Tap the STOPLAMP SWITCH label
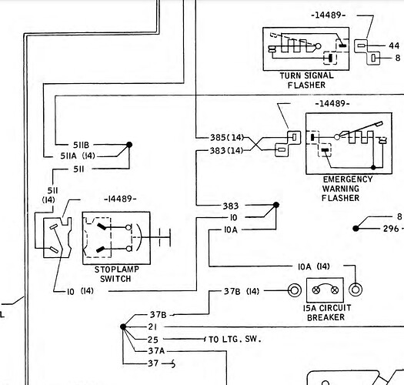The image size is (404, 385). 112,273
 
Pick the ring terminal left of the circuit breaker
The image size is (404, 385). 293,291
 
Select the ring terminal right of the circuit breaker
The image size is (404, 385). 355,291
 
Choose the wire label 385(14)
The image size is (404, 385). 226,138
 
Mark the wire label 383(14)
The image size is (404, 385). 226,150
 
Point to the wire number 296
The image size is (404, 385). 392,229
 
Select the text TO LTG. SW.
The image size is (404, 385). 236,339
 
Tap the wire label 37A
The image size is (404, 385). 156,351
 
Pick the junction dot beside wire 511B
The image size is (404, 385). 129,144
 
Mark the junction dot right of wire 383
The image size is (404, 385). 275,206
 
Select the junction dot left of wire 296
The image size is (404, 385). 356,229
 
